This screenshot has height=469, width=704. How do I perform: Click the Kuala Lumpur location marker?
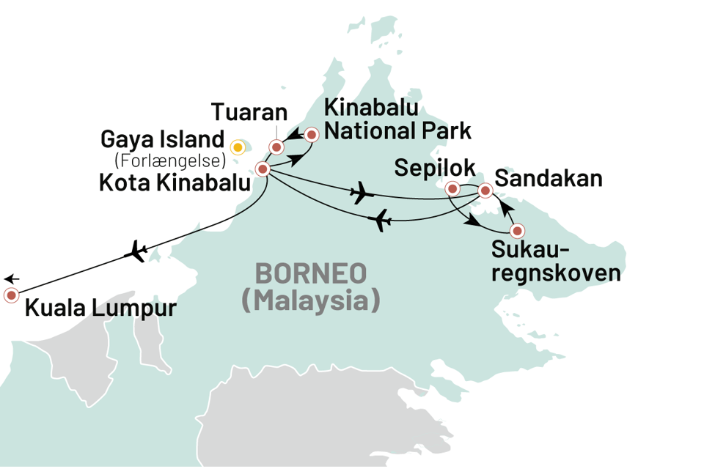click(x=12, y=295)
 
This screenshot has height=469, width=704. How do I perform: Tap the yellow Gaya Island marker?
click(x=238, y=147)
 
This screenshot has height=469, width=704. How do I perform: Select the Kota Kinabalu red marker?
click(x=262, y=169)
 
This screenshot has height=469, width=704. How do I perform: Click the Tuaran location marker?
click(x=276, y=147)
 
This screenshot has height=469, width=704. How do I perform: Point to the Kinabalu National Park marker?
click(x=312, y=134)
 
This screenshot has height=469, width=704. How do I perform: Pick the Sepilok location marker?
click(x=452, y=189)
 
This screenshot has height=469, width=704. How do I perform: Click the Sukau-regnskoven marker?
click(x=518, y=231)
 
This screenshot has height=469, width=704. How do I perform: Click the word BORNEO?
click(x=310, y=275)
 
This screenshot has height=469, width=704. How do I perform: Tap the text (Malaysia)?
click(x=311, y=301)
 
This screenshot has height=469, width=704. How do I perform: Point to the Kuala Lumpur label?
click(x=100, y=307)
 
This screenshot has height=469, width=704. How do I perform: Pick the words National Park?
click(x=398, y=132)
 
